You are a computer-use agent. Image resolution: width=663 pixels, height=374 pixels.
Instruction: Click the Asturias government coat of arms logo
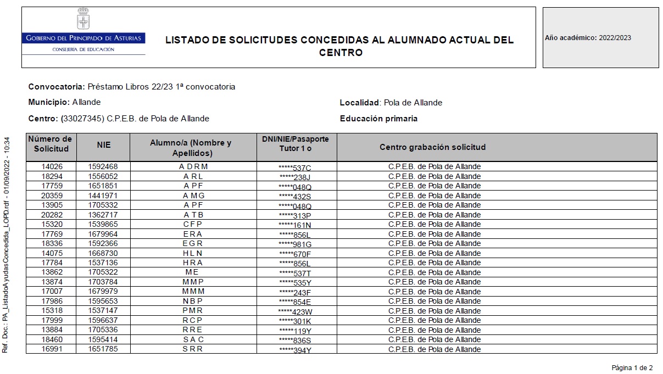pyautogui.click(x=83, y=20)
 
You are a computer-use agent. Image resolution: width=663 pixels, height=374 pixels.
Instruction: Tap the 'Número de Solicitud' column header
pyautogui.click(x=51, y=144)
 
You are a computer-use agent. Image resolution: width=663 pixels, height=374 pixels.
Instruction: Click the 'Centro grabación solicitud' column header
pyautogui.click(x=432, y=147)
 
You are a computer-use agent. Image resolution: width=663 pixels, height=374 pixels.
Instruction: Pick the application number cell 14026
pyautogui.click(x=52, y=167)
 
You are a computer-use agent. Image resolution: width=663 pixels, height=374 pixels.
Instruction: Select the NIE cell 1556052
pyautogui.click(x=104, y=176)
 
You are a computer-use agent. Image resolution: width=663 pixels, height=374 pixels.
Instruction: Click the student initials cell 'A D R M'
pyautogui.click(x=193, y=167)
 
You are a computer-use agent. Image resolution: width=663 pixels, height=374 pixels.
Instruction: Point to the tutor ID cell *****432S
pyautogui.click(x=295, y=196)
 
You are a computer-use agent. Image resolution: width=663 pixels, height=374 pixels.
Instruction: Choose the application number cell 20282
pyautogui.click(x=52, y=215)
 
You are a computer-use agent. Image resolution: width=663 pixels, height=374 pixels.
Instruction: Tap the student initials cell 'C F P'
pyautogui.click(x=193, y=225)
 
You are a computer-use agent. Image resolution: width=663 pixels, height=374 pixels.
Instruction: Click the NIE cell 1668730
pyautogui.click(x=104, y=253)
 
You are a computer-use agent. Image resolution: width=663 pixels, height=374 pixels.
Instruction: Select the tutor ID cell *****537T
pyautogui.click(x=295, y=273)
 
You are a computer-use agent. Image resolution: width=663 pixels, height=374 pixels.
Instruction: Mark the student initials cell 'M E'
pyautogui.click(x=192, y=272)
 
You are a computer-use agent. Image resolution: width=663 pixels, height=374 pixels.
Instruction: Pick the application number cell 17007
pyautogui.click(x=52, y=292)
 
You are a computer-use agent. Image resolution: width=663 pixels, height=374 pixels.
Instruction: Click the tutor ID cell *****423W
pyautogui.click(x=295, y=311)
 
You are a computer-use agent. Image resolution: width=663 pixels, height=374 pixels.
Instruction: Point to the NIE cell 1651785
pyautogui.click(x=104, y=349)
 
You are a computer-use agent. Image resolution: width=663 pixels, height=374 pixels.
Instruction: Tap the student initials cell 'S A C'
pyautogui.click(x=193, y=339)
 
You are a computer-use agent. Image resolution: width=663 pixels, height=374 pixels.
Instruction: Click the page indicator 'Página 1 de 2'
pyautogui.click(x=632, y=367)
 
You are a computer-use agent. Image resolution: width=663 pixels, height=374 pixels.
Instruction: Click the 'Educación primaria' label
pyautogui.click(x=378, y=119)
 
